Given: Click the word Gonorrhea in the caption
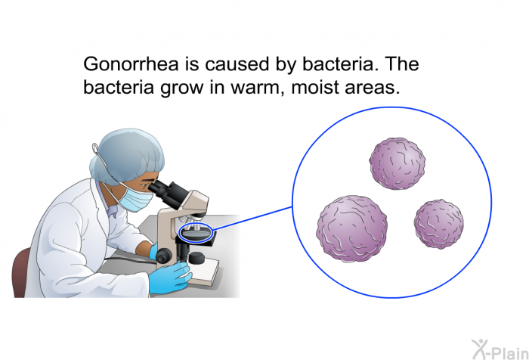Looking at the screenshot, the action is (131, 64).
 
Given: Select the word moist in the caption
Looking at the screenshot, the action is (315, 87).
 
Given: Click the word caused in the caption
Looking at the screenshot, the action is (237, 64).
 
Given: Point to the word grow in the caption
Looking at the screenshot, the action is (182, 88).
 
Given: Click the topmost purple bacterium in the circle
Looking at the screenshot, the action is (397, 163).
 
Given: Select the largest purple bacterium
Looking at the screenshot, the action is (352, 228).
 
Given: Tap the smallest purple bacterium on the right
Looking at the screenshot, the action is (438, 224).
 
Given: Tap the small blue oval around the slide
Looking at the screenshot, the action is (195, 233).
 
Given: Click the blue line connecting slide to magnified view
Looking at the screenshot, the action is (252, 218).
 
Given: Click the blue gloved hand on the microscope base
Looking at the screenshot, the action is (169, 278).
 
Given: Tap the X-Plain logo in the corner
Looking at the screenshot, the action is (500, 349).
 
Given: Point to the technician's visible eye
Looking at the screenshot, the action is (145, 185).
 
